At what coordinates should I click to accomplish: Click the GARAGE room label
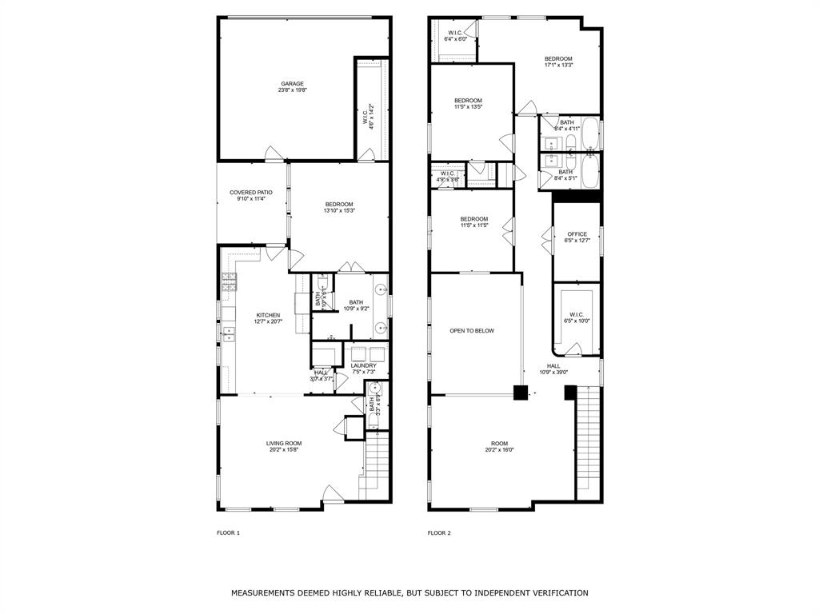[292, 87]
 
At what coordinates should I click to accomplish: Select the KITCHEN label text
[268, 318]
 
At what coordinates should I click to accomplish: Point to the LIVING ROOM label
[284, 446]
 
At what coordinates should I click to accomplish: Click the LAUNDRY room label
[364, 369]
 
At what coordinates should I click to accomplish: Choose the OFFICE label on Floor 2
[577, 237]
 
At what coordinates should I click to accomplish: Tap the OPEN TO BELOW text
[472, 330]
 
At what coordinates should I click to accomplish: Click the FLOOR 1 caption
[228, 532]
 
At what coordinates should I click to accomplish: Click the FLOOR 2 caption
[439, 532]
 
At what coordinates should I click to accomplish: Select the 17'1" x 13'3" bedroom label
[558, 62]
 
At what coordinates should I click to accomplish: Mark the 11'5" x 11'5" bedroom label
[473, 222]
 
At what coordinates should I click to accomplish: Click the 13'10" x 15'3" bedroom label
[339, 208]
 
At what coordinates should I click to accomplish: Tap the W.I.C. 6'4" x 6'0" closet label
[455, 36]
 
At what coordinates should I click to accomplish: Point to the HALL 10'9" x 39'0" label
[553, 369]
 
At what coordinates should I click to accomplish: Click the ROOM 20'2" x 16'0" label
[499, 446]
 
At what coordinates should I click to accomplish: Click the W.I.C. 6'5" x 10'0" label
[577, 317]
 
